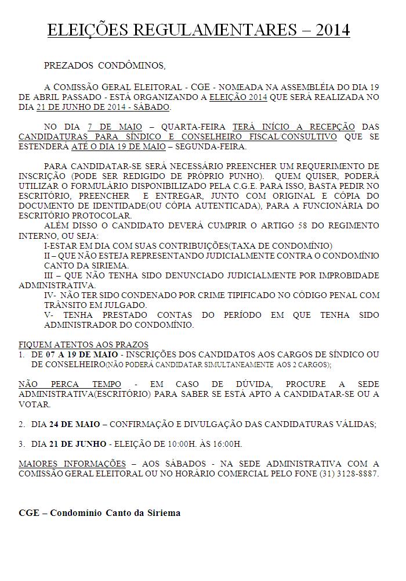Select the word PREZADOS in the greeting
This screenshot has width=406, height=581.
tap(68, 66)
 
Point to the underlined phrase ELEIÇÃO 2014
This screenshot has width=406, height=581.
tap(238, 98)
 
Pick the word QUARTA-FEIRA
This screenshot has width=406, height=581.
tap(190, 127)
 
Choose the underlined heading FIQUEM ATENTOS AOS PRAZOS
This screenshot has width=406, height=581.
tap(84, 345)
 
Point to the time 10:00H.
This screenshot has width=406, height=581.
tap(168, 444)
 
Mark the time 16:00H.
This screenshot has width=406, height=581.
tap(224, 444)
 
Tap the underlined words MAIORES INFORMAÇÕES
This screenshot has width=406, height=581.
tap(72, 464)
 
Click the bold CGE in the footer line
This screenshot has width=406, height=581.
tap(29, 513)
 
